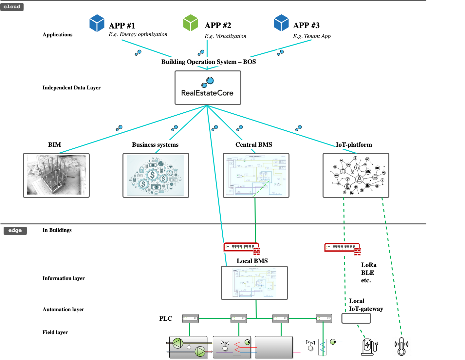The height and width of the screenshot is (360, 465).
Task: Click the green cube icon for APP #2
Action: click(x=191, y=23)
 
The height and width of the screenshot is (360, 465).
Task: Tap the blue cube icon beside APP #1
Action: click(x=97, y=23)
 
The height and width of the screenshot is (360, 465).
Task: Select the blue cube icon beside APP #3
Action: click(x=281, y=23)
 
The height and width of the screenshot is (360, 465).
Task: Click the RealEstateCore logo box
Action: click(x=208, y=88)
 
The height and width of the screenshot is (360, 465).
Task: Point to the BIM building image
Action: click(x=56, y=175)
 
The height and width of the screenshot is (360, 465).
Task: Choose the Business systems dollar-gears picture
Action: click(x=156, y=175)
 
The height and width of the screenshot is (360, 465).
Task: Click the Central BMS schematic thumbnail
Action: click(x=256, y=175)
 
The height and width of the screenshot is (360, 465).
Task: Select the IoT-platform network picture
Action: click(x=356, y=175)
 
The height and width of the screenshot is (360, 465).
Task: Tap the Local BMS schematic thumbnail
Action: click(x=254, y=283)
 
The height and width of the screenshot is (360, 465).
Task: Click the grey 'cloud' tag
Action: click(x=12, y=7)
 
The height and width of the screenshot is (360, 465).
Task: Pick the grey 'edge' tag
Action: click(x=15, y=231)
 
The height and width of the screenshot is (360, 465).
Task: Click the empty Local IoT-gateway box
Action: click(x=356, y=318)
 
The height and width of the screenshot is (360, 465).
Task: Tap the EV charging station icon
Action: click(x=369, y=347)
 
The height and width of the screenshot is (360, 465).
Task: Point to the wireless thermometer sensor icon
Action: click(x=401, y=347)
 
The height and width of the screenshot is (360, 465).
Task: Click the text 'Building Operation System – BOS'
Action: click(x=209, y=62)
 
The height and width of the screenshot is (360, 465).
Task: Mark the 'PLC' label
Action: click(x=166, y=319)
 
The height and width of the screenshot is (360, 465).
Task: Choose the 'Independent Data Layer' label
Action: click(x=71, y=88)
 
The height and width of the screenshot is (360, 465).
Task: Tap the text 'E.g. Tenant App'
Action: click(x=312, y=36)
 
